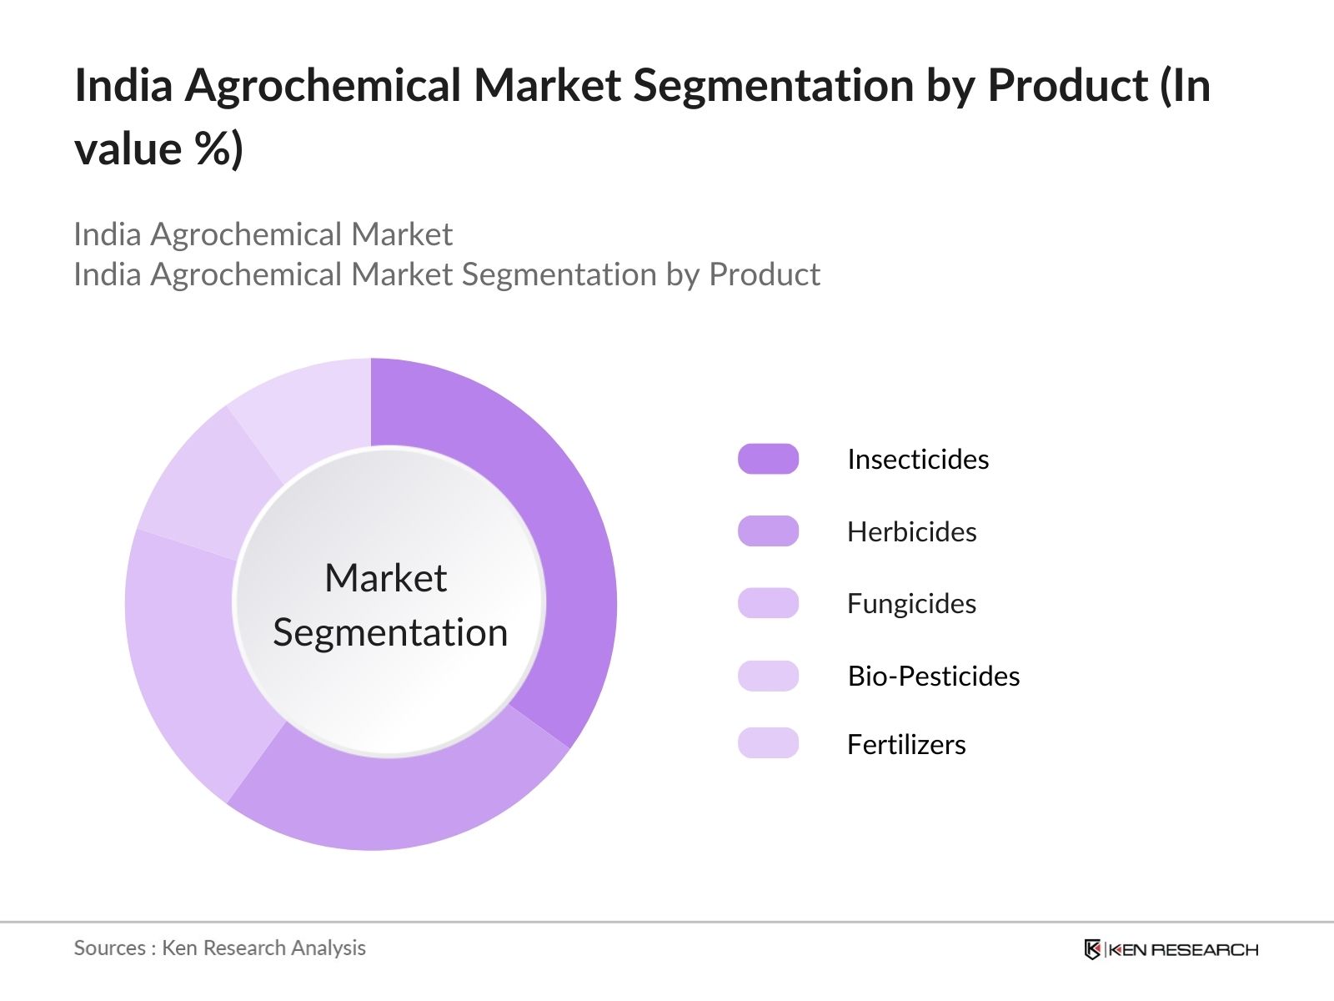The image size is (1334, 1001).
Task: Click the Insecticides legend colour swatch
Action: click(768, 459)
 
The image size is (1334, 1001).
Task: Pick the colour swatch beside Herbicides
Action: click(768, 531)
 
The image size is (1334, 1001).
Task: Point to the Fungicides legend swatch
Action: click(768, 603)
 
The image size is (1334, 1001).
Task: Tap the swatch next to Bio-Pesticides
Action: click(768, 676)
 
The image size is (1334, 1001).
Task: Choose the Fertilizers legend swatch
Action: click(768, 742)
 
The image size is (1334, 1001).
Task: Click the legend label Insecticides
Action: click(918, 460)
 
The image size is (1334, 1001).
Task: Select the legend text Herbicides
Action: click(912, 532)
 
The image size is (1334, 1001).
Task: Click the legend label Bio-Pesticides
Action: click(934, 677)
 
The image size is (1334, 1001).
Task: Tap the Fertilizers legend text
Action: click(907, 744)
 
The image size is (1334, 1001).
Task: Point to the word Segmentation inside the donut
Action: click(390, 633)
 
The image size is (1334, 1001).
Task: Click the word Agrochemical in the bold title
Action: click(323, 86)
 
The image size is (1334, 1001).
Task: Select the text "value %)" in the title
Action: click(158, 148)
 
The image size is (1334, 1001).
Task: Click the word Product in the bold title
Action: click(1068, 85)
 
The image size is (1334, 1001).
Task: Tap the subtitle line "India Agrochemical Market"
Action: click(263, 234)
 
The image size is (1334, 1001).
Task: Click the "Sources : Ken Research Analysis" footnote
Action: click(220, 948)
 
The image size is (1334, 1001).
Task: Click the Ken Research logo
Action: click(1171, 949)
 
